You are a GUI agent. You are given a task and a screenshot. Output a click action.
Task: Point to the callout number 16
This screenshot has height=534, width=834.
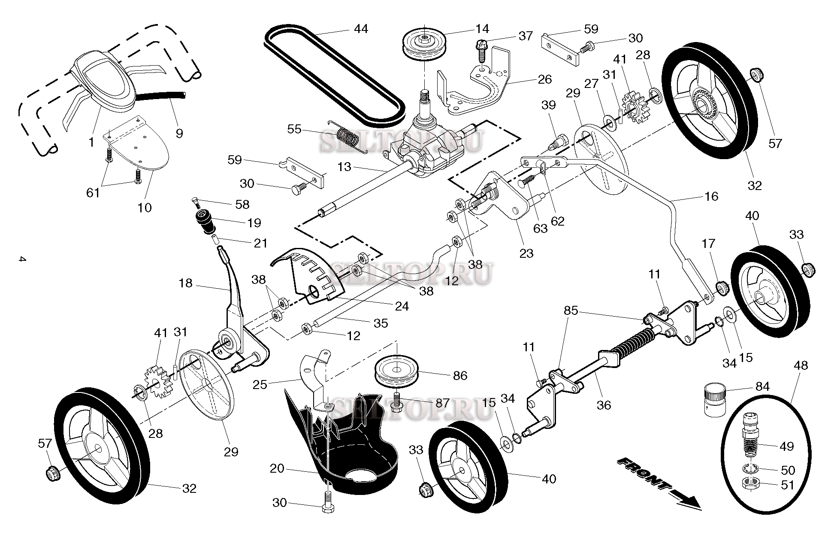tap(711, 196)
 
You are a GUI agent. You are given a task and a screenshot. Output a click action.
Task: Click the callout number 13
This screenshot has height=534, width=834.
tap(344, 167)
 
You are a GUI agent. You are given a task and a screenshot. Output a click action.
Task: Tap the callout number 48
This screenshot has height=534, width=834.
tap(801, 365)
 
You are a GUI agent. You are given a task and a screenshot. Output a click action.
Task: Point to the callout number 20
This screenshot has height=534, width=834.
tap(277, 468)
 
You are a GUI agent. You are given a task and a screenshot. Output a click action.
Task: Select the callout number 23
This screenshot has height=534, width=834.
tap(526, 253)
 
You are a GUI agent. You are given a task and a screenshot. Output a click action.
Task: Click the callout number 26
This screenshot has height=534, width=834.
tap(544, 79)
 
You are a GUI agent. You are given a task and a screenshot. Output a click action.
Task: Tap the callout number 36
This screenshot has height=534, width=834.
tap(604, 405)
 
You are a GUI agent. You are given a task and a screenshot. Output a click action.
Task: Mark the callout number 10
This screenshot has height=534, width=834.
tap(145, 208)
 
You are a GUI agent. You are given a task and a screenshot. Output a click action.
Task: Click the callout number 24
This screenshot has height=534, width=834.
tap(402, 306)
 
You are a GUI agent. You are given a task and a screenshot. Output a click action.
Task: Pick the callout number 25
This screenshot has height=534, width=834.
tap(260, 384)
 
